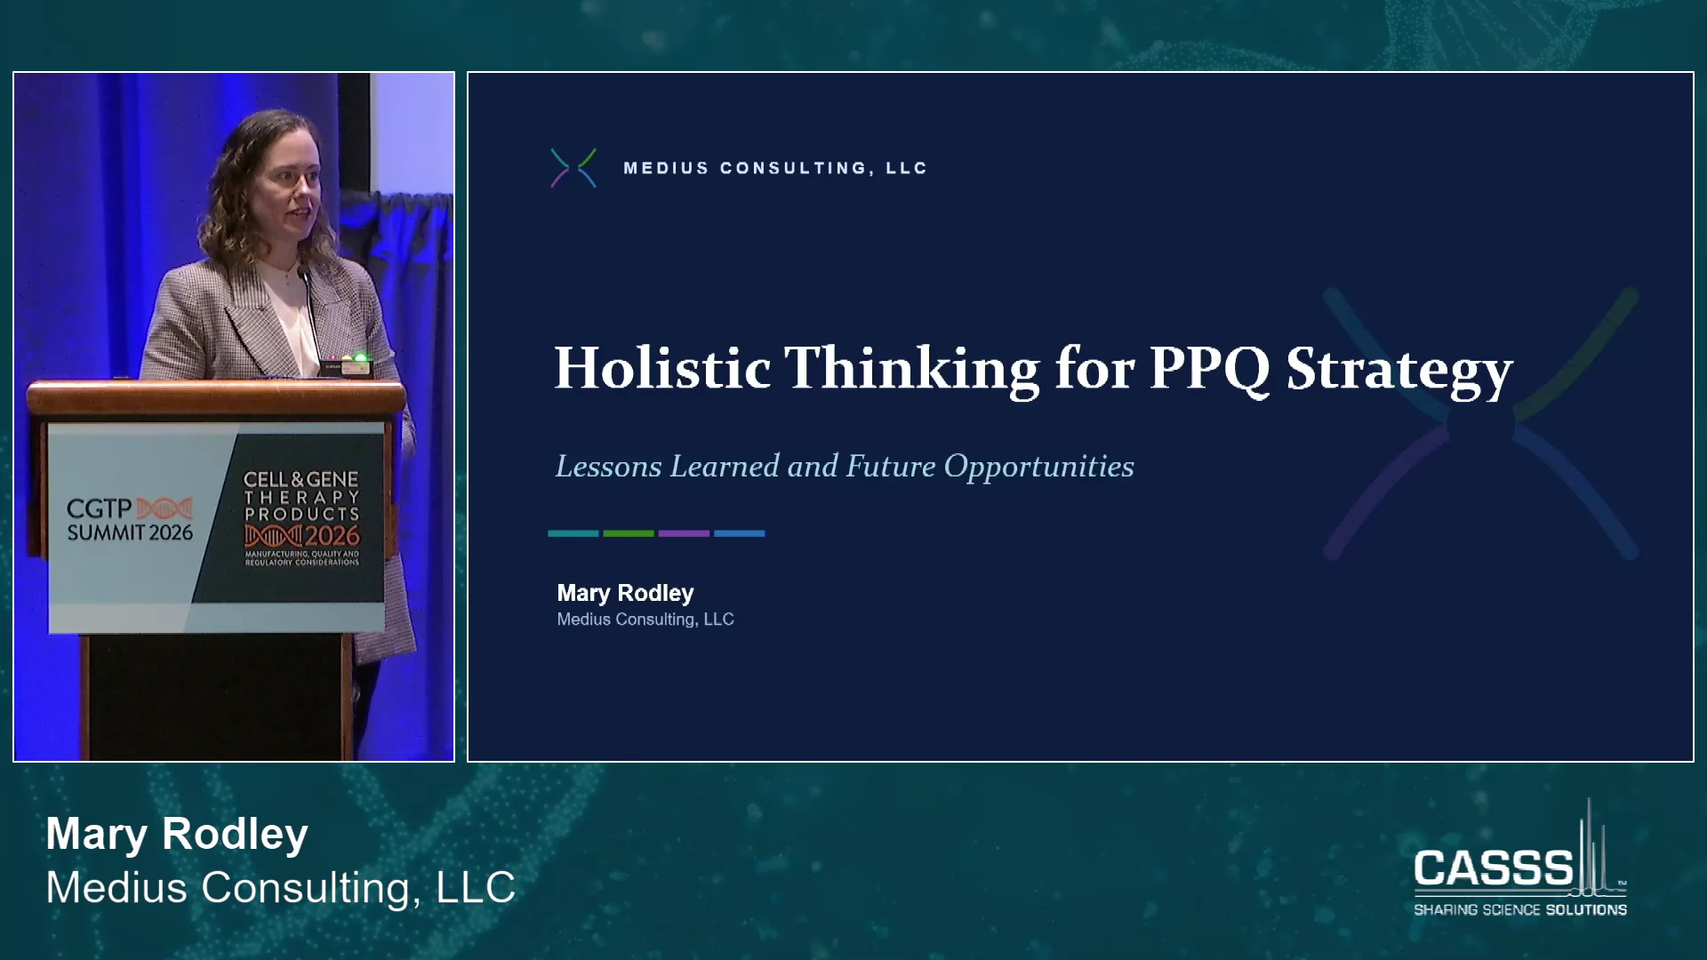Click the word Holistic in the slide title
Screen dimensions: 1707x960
(662, 368)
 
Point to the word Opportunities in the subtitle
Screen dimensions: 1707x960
(1038, 468)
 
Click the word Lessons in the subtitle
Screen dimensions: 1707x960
(608, 466)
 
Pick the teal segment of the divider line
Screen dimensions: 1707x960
(573, 533)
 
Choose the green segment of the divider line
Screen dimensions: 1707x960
(629, 533)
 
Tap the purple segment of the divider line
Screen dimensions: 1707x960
(684, 533)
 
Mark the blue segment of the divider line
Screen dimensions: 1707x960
(739, 533)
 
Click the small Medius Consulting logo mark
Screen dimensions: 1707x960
(573, 168)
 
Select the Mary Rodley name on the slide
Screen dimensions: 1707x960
(625, 593)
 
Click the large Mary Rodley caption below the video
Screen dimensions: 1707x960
(177, 835)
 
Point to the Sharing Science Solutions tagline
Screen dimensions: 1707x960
(1520, 909)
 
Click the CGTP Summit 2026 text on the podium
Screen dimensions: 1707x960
(130, 520)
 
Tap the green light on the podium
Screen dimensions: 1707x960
(360, 358)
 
